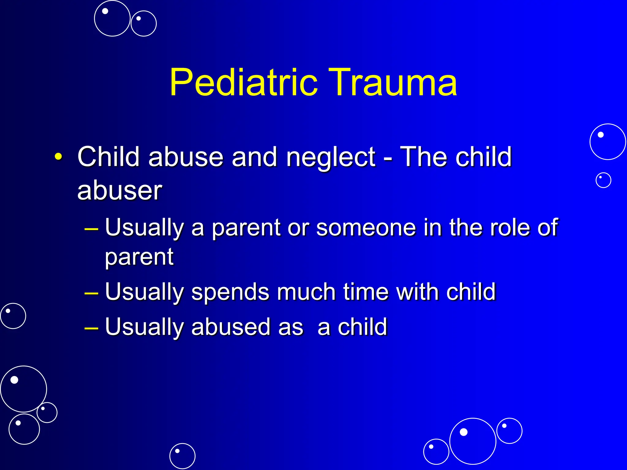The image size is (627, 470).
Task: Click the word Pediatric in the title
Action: coord(243,83)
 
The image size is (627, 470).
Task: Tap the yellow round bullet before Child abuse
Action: coord(58,157)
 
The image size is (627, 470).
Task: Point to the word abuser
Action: coord(119,191)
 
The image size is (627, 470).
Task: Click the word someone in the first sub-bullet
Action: coord(366,228)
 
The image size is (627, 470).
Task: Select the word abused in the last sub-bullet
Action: coord(231,327)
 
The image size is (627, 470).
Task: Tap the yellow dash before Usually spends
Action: coord(91,293)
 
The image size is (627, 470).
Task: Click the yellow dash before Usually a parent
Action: coord(91,229)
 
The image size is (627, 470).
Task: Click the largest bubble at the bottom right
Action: coord(472,441)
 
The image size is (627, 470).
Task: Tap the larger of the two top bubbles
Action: coord(112,18)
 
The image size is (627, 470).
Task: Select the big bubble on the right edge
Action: coord(607,142)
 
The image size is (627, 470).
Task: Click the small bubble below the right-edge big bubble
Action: coord(603,180)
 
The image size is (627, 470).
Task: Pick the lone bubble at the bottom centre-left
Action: coord(182,456)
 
